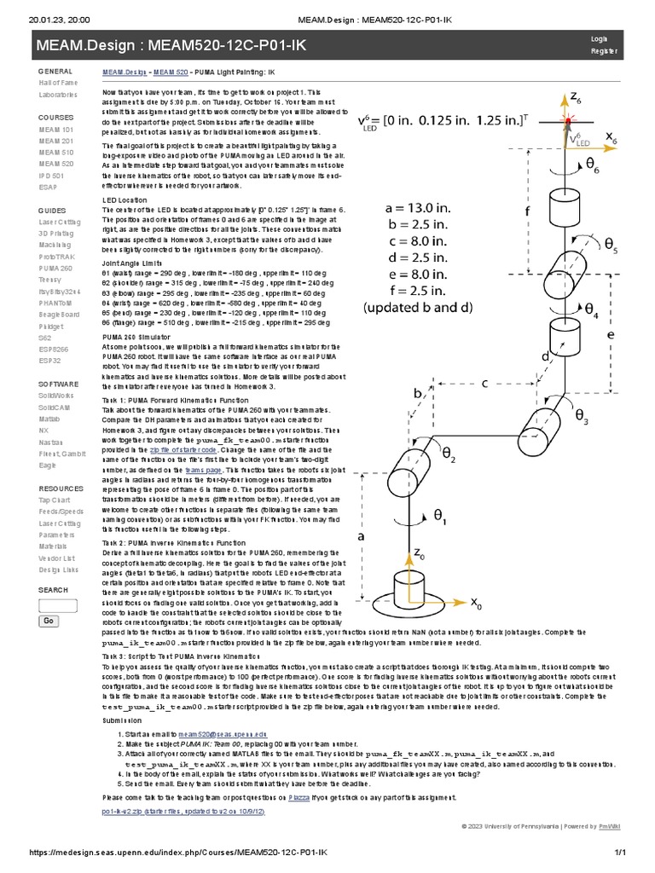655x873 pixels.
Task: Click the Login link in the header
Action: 599,39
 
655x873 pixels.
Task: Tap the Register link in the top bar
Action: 600,52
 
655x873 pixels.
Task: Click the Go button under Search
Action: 49,621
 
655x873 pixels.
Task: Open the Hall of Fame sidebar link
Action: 57,83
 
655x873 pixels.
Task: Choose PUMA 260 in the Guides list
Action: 55,268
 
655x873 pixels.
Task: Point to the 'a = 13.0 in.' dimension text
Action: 416,207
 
